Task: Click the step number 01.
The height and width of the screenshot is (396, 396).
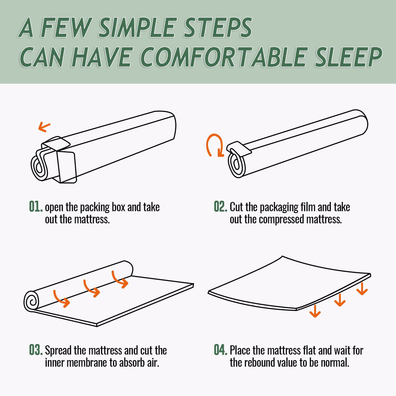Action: (36, 207)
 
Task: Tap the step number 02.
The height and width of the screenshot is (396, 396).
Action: (220, 207)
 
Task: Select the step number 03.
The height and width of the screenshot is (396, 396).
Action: (36, 350)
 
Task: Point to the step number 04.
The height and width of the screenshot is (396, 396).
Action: (220, 350)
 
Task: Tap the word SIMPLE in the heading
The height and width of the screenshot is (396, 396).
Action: (137, 28)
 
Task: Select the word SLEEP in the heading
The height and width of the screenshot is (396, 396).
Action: (348, 57)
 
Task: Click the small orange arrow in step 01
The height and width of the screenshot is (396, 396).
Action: (44, 127)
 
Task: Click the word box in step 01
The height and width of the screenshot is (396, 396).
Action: (118, 207)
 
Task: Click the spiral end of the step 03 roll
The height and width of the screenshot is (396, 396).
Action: (32, 301)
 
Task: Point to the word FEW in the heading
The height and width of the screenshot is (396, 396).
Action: (66, 28)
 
